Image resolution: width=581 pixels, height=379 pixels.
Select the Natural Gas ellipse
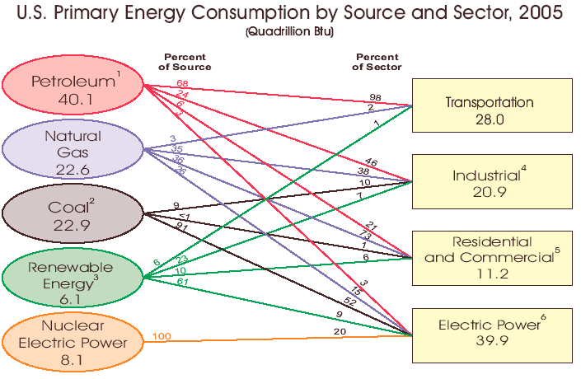pyautogui.click(x=73, y=152)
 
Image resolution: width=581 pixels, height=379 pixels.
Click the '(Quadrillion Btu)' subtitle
pyautogui.click(x=290, y=31)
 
